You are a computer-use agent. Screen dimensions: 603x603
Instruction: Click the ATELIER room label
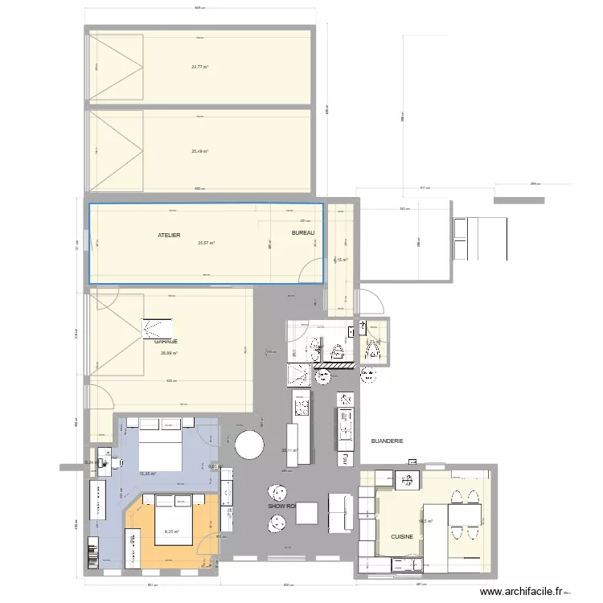coord(169,235)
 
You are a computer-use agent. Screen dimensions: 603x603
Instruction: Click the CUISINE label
coord(402,535)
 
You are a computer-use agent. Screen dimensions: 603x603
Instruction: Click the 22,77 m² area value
coord(199,68)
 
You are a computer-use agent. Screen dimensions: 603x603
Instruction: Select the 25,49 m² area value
coord(199,151)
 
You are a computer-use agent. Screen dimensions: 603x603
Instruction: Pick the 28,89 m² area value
coord(169,352)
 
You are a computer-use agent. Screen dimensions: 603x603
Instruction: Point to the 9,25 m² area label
coord(172,531)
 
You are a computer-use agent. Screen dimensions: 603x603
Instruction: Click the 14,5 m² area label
coord(425,520)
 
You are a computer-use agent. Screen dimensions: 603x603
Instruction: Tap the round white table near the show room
coord(249,445)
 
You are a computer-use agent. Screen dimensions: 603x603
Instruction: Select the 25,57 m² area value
coord(207,243)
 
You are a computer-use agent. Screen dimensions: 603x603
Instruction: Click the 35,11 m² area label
coord(289,451)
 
